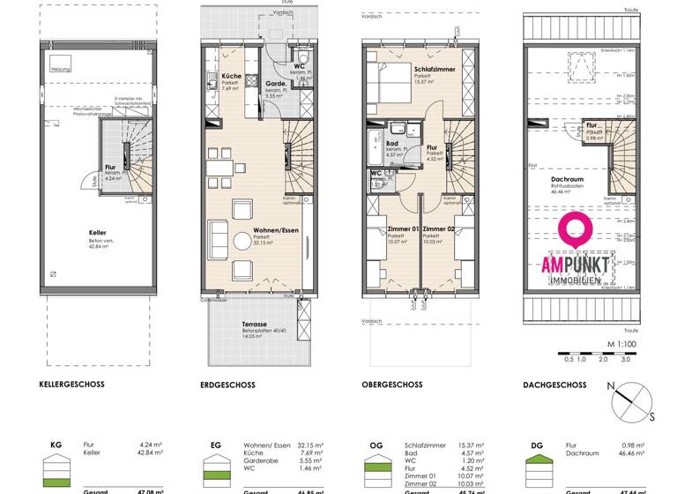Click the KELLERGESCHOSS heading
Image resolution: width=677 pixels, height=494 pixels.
click(x=72, y=385)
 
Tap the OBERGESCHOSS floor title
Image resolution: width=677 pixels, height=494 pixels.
click(x=391, y=385)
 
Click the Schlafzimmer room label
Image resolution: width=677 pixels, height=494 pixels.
click(x=434, y=69)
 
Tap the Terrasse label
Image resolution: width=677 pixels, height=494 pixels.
click(x=255, y=325)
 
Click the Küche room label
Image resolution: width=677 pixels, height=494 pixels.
click(x=232, y=77)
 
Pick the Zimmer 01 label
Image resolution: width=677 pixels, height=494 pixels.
click(x=403, y=229)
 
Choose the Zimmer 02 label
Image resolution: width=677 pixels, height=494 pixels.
click(x=438, y=229)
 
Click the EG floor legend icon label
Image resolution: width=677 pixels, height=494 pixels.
click(x=216, y=446)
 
